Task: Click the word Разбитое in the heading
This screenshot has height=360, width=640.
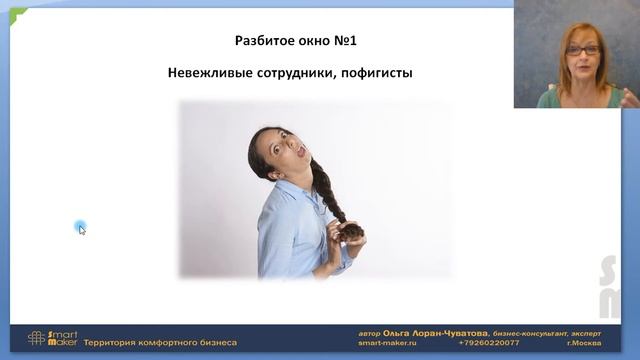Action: pyautogui.click(x=263, y=41)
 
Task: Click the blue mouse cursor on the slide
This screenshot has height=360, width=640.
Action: pyautogui.click(x=81, y=228)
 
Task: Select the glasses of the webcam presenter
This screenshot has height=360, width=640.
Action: pyautogui.click(x=583, y=49)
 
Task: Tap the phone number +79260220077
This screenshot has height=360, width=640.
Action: pyautogui.click(x=490, y=343)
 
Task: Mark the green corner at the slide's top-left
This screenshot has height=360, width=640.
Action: pyautogui.click(x=17, y=14)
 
